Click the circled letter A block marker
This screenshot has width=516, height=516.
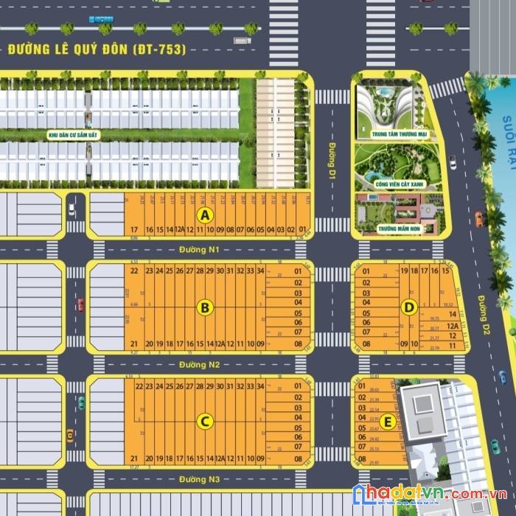pyautogui.click(x=206, y=215)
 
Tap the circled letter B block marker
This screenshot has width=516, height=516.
pyautogui.click(x=206, y=307)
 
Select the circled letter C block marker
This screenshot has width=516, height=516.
pyautogui.click(x=206, y=422)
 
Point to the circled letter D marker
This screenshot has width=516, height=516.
pyautogui.click(x=411, y=307)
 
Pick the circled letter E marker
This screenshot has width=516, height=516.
pyautogui.click(x=390, y=422)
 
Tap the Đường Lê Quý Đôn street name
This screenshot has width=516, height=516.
pyautogui.click(x=97, y=50)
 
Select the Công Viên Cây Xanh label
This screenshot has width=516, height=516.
pyautogui.click(x=398, y=184)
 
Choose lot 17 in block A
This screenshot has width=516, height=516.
pyautogui.click(x=134, y=230)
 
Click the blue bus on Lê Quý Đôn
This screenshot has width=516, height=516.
pyautogui.click(x=101, y=19)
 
